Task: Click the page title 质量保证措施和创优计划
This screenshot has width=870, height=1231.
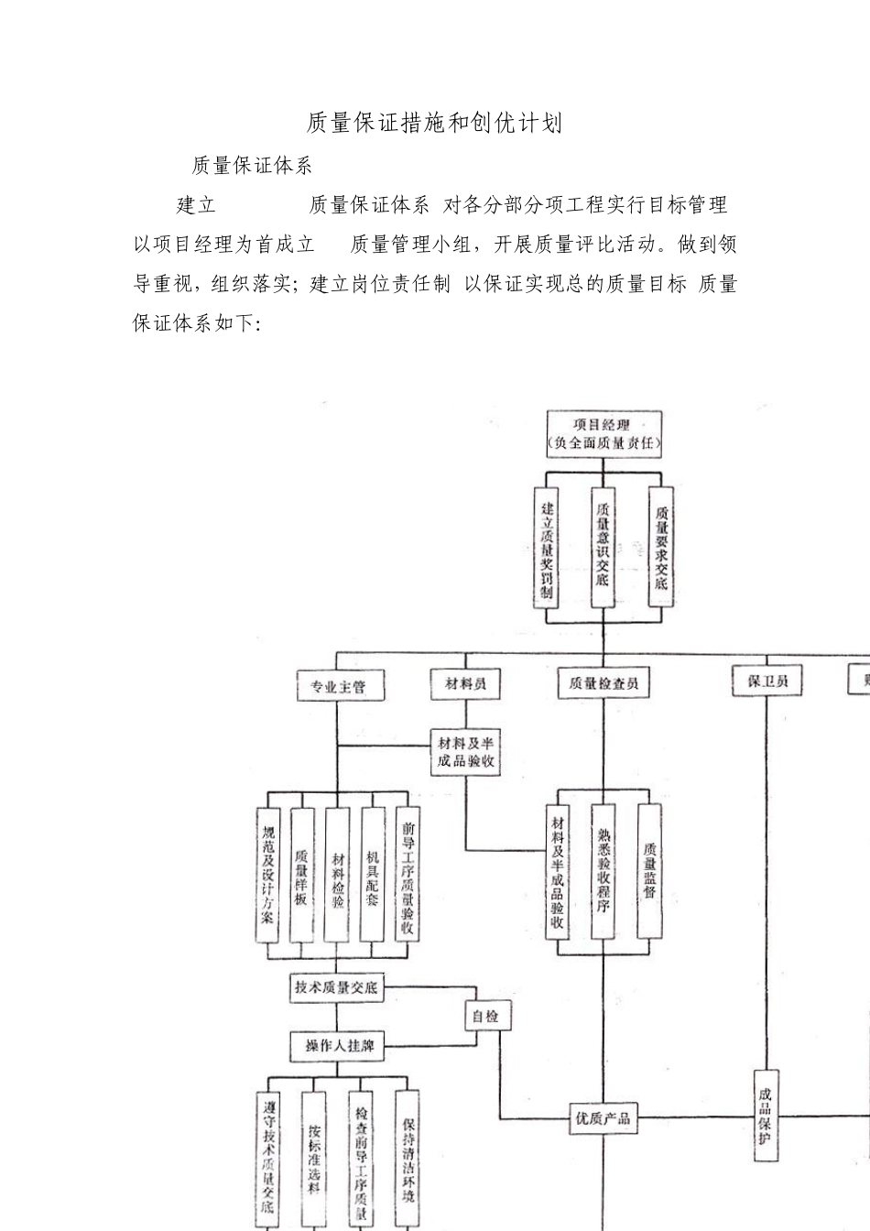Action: (x=434, y=124)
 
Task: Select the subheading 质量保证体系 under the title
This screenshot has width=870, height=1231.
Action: (x=252, y=166)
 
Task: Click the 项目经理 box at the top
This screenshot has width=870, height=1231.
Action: (x=602, y=434)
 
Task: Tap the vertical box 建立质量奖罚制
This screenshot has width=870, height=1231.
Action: (x=547, y=548)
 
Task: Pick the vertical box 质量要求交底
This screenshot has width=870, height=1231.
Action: (x=660, y=548)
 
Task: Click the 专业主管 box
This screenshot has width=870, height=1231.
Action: (x=338, y=685)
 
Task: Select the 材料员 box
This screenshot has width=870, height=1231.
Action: (x=465, y=683)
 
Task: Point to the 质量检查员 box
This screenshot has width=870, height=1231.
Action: (x=603, y=683)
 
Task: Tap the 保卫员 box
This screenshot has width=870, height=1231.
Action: (x=767, y=681)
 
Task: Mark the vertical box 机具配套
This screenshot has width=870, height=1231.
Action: (x=372, y=874)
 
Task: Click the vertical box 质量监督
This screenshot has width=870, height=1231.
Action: (x=649, y=870)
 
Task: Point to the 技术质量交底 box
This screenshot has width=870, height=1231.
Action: (x=336, y=988)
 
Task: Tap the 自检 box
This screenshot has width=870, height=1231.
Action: (x=485, y=1016)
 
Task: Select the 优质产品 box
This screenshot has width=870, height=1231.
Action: (x=603, y=1117)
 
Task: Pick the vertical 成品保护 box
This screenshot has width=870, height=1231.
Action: (x=766, y=1115)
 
